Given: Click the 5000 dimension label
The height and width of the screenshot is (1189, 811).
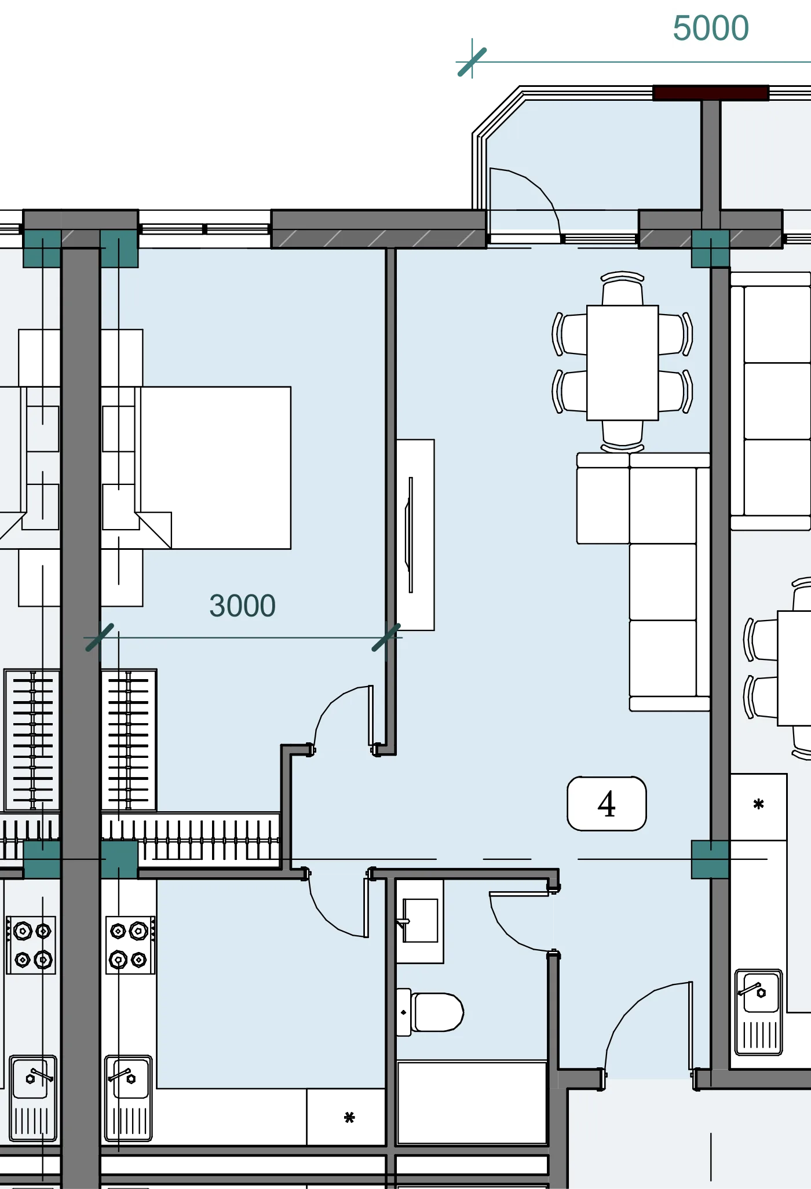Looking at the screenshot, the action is pos(711,28).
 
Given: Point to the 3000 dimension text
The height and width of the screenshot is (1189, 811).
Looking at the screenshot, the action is pos(242,606).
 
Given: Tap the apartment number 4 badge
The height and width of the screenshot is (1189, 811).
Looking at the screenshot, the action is pos(607,804).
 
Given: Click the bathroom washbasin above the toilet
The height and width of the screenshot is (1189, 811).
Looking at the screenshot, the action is pos(420,921).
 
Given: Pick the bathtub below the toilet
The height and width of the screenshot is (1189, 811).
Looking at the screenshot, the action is pos(472,1103).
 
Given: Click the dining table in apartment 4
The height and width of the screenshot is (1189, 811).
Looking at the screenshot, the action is pos(623,363).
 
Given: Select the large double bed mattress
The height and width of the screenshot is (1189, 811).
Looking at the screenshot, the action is pos(214,468).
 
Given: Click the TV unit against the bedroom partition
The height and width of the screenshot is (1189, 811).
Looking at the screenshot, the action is pos(415,535).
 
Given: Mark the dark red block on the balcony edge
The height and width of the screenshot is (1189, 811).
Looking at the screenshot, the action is pos(711,93).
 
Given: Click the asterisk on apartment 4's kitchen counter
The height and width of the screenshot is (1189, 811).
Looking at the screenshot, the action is pos(349,1118).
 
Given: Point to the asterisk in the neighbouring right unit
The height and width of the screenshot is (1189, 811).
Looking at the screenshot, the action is pos(759,804).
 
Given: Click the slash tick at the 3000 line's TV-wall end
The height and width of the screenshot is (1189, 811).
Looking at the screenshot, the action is pos(386,637).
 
